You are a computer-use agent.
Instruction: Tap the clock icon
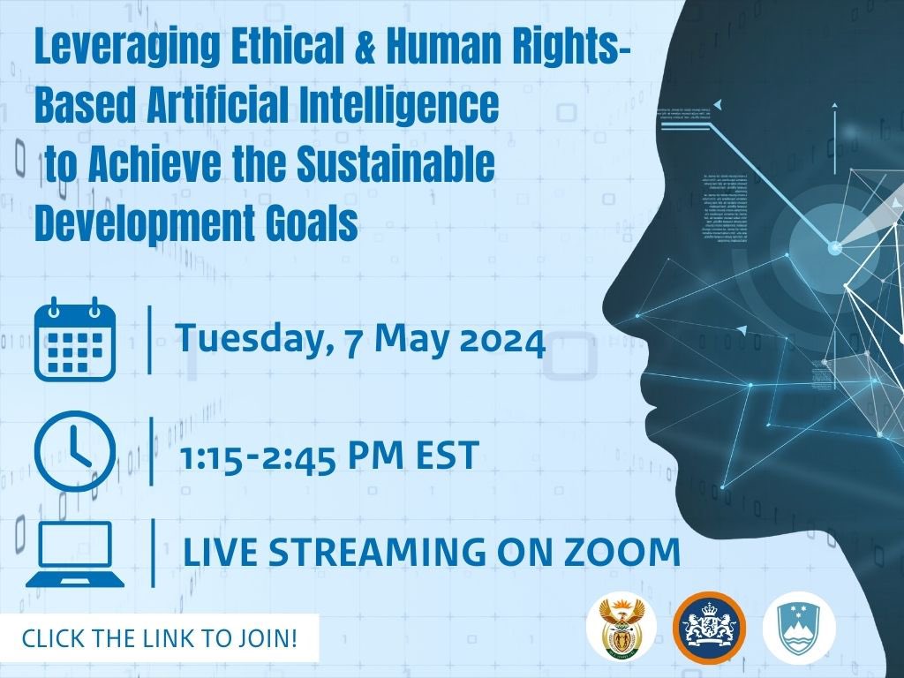74,450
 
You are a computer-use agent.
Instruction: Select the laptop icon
74,554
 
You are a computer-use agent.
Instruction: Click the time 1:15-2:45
265,456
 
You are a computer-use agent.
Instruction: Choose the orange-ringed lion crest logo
708,628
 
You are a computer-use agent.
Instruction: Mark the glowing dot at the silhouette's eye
834,249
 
